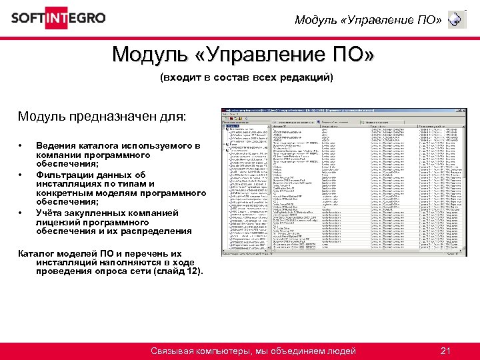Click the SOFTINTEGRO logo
pyautogui.click(x=58, y=17)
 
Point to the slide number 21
pyautogui.click(x=447, y=351)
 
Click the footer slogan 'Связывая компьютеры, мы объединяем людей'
pyautogui.click(x=253, y=351)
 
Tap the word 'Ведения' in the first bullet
pyautogui.click(x=55, y=145)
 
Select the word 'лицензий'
pyautogui.click(x=59, y=222)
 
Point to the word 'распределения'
pyautogui.click(x=158, y=231)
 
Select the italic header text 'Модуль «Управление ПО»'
pyautogui.click(x=368, y=20)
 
